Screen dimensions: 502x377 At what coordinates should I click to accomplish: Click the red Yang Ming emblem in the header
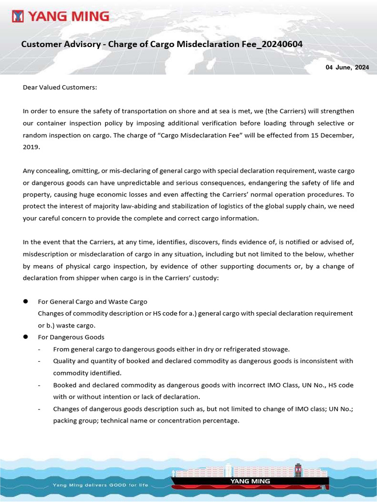pos(18,17)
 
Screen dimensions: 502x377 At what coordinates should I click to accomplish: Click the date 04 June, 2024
pos(347,67)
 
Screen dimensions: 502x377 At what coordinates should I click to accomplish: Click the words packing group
pos(75,420)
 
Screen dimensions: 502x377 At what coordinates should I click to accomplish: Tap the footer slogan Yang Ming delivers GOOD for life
pos(100,485)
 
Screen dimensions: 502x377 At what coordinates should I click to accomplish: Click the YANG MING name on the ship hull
pos(250,481)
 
